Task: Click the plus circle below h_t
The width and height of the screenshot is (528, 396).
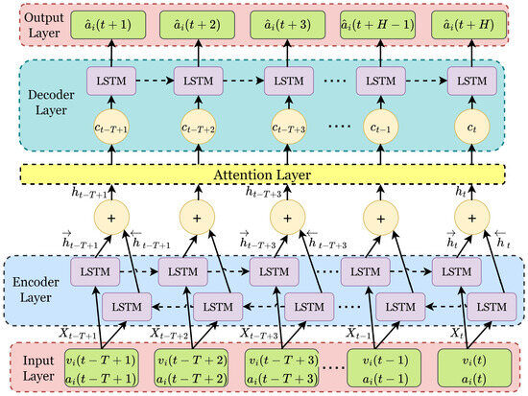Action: click(470, 220)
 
